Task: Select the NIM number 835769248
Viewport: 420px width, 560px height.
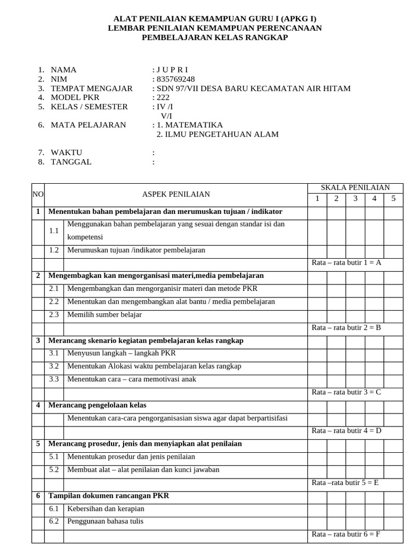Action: point(175,79)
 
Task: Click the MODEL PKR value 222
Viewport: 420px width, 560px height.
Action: point(163,97)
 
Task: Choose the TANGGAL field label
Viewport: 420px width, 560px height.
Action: point(71,162)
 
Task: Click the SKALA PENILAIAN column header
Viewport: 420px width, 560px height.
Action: point(355,188)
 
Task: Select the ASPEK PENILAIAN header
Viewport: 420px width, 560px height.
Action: point(176,194)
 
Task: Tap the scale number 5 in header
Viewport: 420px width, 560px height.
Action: point(393,199)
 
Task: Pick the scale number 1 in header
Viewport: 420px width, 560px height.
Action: point(317,199)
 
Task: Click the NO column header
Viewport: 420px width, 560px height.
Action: point(38,194)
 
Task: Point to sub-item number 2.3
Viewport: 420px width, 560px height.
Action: point(54,314)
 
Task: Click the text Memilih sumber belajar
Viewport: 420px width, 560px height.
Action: point(104,314)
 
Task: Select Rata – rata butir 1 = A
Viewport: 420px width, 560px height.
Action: point(346,262)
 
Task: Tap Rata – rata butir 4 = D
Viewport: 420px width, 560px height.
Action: point(346,431)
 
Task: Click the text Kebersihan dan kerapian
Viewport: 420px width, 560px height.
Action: point(105,509)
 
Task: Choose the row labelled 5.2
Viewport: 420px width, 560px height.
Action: point(54,469)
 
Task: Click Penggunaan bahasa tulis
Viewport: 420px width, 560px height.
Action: point(105,521)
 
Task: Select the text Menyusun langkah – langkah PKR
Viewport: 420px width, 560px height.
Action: point(118,353)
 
